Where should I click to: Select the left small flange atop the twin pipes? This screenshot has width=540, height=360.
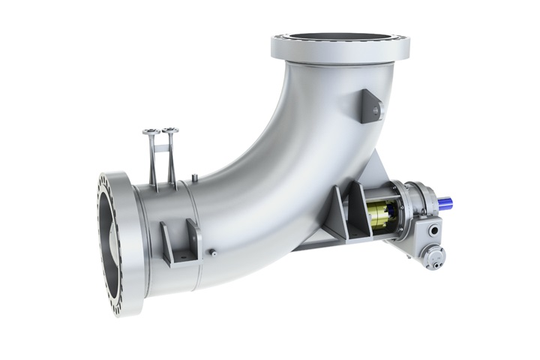click(151, 132)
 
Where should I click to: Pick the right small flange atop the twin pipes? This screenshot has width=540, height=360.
click(170, 130)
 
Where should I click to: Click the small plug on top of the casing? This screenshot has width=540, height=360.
click(194, 178)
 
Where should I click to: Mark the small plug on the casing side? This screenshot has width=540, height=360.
click(212, 253)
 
